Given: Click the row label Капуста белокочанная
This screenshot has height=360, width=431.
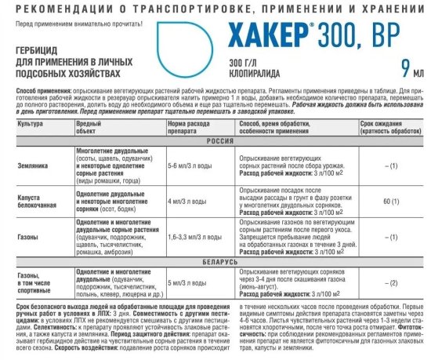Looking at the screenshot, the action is click(x=35, y=200).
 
